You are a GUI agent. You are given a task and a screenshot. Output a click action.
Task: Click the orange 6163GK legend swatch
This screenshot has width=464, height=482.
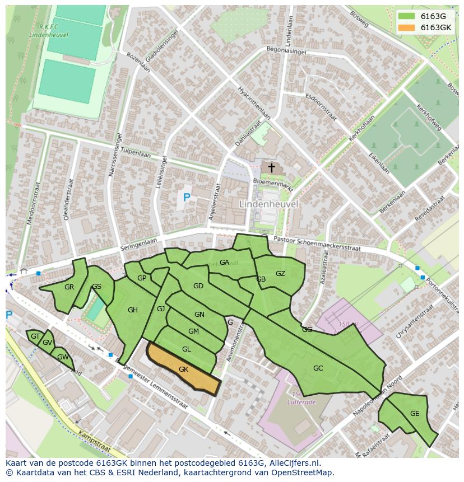(x=407, y=27)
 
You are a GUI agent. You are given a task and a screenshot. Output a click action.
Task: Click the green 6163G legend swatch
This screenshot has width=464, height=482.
(x=407, y=16)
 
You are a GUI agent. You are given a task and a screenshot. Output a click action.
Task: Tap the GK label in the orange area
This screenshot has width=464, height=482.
(x=183, y=369)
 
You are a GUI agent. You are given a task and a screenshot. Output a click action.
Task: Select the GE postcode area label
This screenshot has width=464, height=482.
(x=415, y=414)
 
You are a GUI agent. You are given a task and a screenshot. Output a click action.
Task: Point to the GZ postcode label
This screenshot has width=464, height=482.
(x=280, y=274)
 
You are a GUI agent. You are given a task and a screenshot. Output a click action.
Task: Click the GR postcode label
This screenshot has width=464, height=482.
(x=69, y=287)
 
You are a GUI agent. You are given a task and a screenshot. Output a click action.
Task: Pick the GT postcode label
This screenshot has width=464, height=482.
(x=35, y=336)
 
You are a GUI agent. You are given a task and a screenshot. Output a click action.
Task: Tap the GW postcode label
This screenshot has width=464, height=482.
(x=62, y=357)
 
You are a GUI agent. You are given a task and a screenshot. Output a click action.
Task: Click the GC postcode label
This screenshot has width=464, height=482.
(x=318, y=368)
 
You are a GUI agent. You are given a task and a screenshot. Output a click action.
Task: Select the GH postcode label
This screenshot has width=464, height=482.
(x=132, y=310)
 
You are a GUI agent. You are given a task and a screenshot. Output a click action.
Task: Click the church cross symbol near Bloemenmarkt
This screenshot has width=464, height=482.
(x=271, y=167)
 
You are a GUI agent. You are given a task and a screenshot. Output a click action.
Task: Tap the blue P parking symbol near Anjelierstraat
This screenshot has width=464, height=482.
(x=187, y=197)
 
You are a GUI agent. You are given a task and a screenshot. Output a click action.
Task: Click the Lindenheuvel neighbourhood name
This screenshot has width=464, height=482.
(x=268, y=204)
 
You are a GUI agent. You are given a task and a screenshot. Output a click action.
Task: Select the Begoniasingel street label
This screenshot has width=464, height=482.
(x=286, y=50)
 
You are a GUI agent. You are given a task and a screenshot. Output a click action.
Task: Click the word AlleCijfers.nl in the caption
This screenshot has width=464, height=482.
(x=293, y=463)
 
